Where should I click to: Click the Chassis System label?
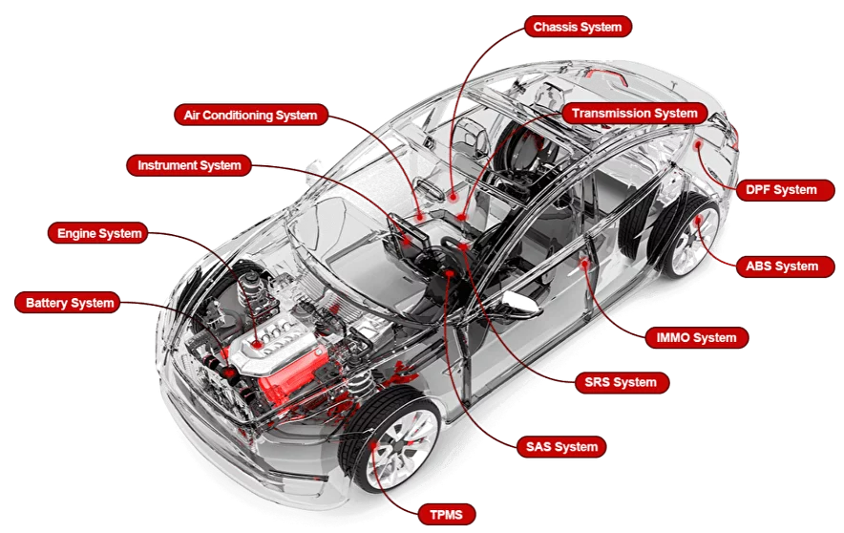tap(577, 27)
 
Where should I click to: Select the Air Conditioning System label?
tap(251, 116)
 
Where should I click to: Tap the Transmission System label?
tap(635, 113)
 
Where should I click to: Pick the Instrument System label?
tap(189, 165)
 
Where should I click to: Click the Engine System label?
tap(98, 233)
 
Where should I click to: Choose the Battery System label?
tap(70, 303)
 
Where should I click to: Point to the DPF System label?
tap(782, 190)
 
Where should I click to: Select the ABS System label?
tap(782, 266)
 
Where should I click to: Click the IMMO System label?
tap(696, 337)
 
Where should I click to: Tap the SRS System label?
tap(621, 382)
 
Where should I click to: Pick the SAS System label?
tap(561, 446)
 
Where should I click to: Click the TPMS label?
tap(446, 515)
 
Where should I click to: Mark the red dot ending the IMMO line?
tap(585, 260)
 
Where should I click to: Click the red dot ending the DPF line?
tap(700, 143)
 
